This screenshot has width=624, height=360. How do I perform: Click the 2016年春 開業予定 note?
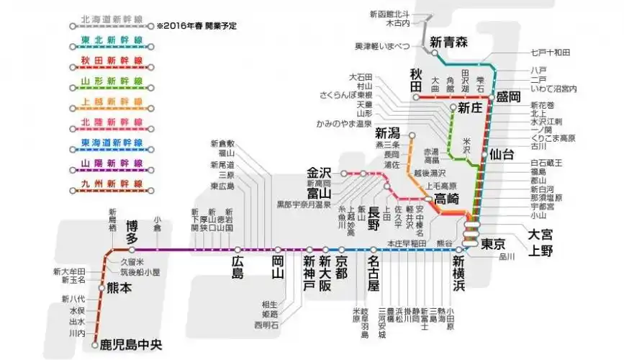pyautogui.click(x=197, y=26)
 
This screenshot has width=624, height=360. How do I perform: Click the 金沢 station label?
pyautogui.click(x=318, y=173)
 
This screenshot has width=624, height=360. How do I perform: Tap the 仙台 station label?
pyautogui.click(x=501, y=154)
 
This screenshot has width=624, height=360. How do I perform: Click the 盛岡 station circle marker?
pyautogui.click(x=492, y=96)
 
